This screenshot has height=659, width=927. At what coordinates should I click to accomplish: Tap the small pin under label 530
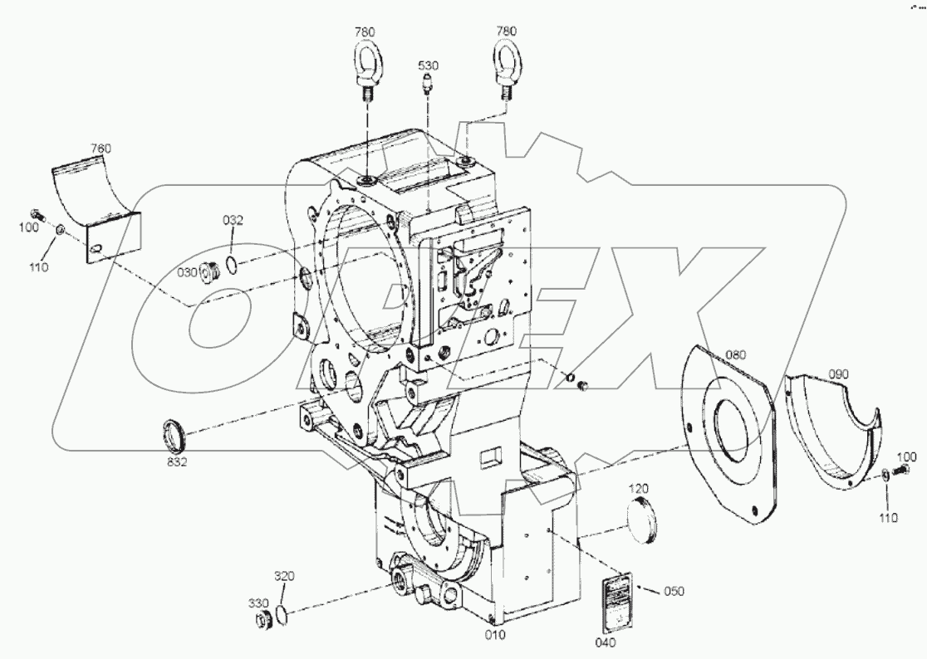pyautogui.click(x=428, y=85)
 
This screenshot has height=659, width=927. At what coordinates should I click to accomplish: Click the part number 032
pyautogui.click(x=233, y=220)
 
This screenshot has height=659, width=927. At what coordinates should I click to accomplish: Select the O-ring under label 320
pyautogui.click(x=282, y=613)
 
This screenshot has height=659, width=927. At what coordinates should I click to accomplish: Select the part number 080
pyautogui.click(x=736, y=354)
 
